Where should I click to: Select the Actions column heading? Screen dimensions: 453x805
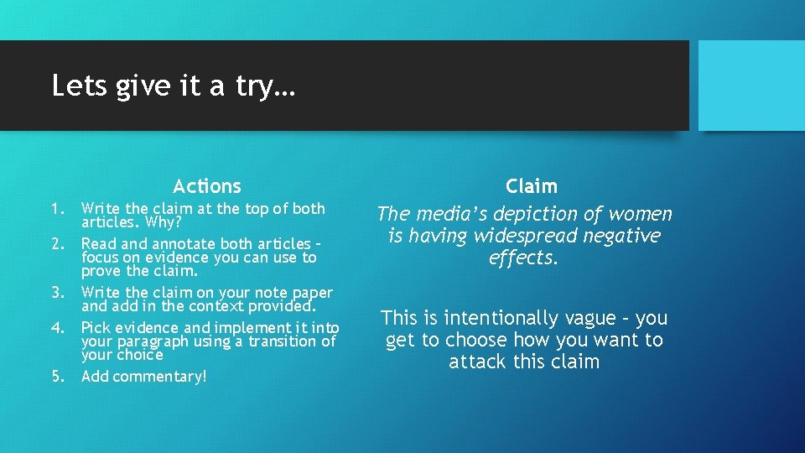(206, 186)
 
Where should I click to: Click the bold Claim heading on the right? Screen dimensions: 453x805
(531, 186)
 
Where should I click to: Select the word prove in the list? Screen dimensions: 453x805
(100, 271)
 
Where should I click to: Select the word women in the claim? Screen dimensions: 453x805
(643, 215)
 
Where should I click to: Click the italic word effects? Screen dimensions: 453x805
(522, 258)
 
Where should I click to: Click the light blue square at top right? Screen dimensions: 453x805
(751, 86)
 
